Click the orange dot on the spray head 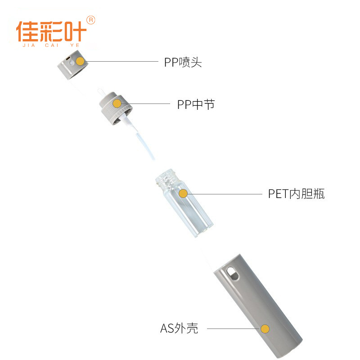point(80,61)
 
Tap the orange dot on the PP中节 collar point(117,103)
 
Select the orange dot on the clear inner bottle point(183,193)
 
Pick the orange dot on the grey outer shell point(265,329)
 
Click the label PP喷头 point(183,62)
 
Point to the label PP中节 point(196,104)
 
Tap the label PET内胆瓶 point(296,194)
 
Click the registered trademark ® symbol point(90,20)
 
